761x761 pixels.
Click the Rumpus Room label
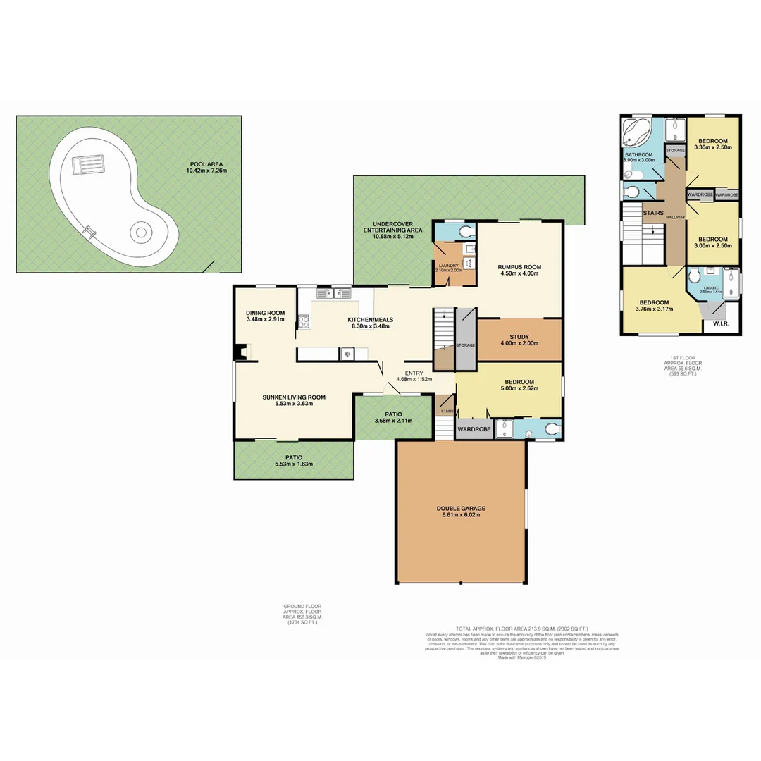(x=519, y=266)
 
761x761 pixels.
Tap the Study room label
(x=519, y=336)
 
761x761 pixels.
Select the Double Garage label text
(x=461, y=508)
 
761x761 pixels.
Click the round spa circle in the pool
(x=140, y=233)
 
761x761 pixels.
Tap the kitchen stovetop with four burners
(x=304, y=322)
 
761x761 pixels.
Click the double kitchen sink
(x=333, y=293)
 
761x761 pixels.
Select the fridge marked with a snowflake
(x=347, y=354)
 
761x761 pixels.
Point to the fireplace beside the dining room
(x=242, y=351)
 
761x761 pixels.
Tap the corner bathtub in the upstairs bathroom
(x=636, y=134)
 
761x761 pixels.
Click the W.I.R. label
(x=720, y=324)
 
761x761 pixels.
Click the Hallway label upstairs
(x=675, y=217)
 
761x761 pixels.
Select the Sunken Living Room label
(x=294, y=397)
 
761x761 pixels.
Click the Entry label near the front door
(x=414, y=373)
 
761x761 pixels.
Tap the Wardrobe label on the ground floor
(x=474, y=428)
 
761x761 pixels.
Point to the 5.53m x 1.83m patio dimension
(x=294, y=464)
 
